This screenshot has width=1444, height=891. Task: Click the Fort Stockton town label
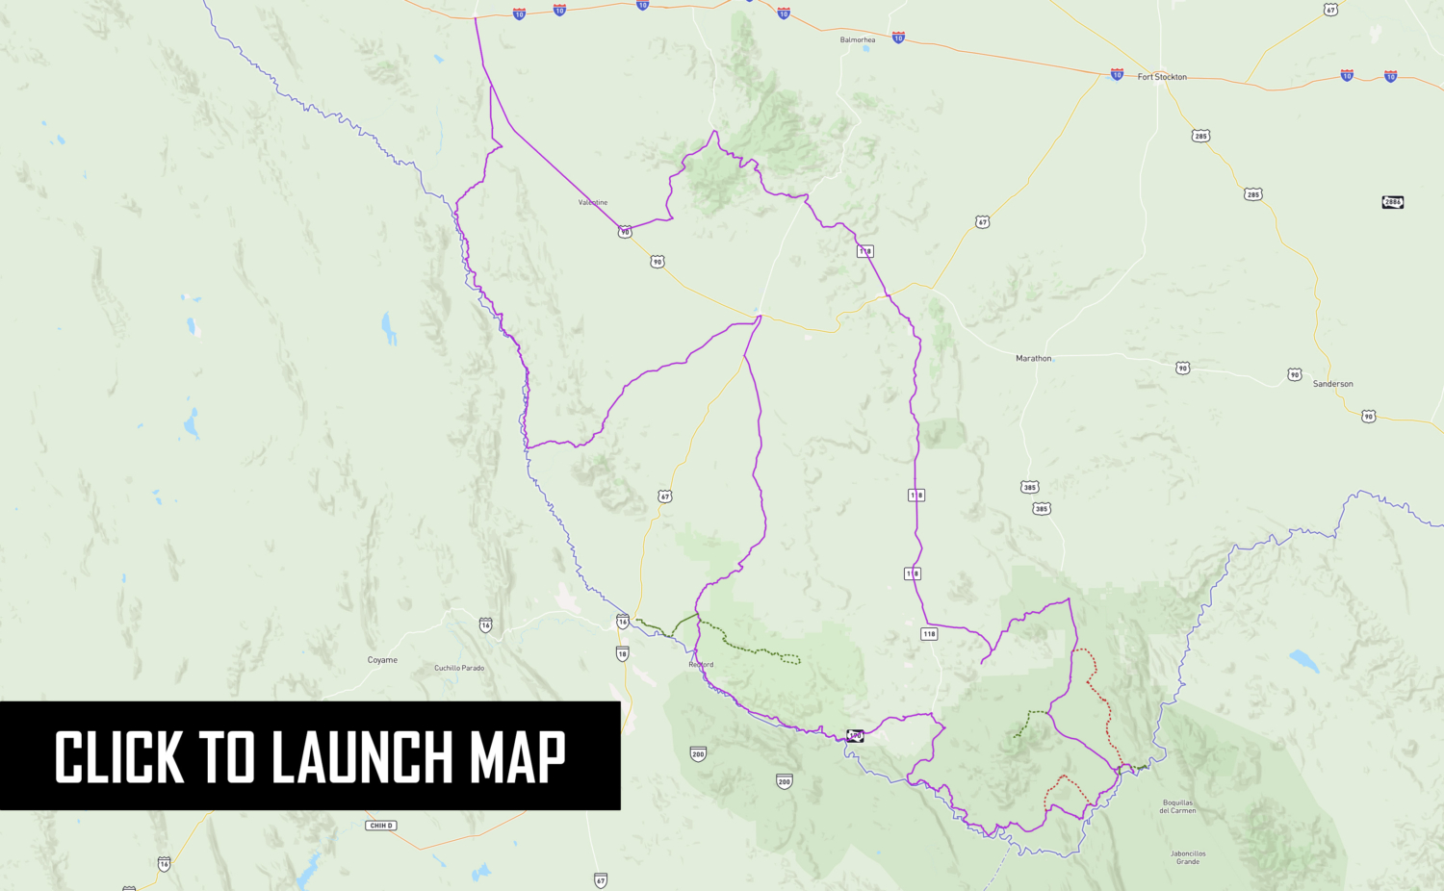pos(1162,77)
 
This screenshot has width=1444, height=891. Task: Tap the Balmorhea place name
pos(858,40)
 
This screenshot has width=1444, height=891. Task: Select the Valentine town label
pos(593,203)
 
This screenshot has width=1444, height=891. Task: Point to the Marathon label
pos(1034,359)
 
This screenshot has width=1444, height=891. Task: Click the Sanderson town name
pos(1333,384)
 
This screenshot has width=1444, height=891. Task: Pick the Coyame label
pos(382,660)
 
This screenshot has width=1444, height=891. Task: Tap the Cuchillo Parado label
pos(459,668)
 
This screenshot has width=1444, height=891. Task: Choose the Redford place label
pos(701,665)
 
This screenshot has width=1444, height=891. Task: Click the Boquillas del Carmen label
pos(1177,806)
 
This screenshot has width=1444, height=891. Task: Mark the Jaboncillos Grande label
pos(1188,857)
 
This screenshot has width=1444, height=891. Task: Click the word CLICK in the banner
pos(118,757)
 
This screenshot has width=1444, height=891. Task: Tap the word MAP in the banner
pos(517,757)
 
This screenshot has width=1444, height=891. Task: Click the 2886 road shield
pos(1392,202)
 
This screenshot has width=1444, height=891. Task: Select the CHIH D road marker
pos(381,826)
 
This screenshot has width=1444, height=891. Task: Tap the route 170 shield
pos(855,736)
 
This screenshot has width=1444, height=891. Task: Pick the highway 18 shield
pos(622,654)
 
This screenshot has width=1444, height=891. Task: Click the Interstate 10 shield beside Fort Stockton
pos(1117,74)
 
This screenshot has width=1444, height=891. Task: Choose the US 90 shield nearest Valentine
pos(625,232)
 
